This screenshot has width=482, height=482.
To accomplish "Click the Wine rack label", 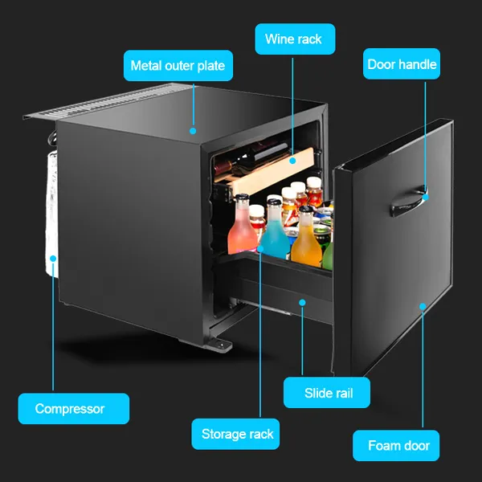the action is (x=295, y=39).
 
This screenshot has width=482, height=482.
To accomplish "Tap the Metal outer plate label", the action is (x=178, y=66).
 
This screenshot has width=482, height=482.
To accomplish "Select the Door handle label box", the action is (x=402, y=64).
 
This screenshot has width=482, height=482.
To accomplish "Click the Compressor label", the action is (x=73, y=409).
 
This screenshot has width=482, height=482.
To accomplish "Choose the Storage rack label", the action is (x=235, y=434).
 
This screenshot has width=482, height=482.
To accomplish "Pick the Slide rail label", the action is (x=326, y=393).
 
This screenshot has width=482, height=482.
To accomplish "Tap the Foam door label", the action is (x=396, y=445).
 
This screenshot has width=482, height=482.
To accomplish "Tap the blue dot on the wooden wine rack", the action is (x=292, y=161).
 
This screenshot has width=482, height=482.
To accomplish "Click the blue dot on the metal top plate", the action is (x=193, y=131).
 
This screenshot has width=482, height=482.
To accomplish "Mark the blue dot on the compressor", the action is (x=53, y=259).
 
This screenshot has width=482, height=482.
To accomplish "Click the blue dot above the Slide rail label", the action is (x=302, y=303).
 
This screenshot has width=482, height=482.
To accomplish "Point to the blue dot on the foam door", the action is (x=423, y=307).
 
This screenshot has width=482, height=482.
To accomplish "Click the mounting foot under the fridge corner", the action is (x=221, y=345).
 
